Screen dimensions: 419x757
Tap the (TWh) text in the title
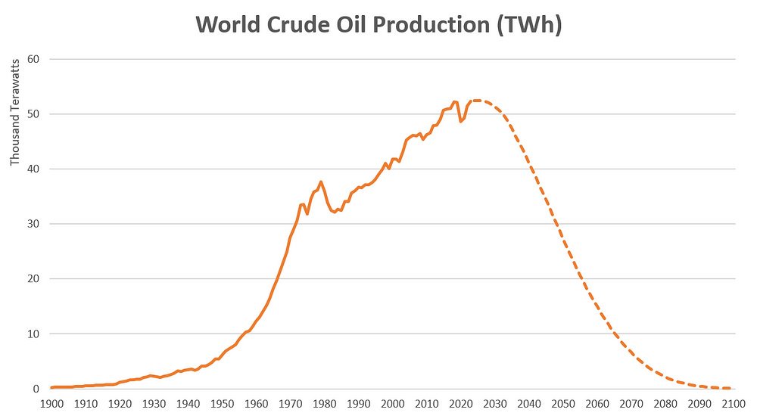coord(527,24)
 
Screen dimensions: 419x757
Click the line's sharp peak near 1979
coord(321,182)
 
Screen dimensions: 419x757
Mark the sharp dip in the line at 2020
coord(461,122)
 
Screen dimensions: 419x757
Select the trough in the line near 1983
coord(334,212)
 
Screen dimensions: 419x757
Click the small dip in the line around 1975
coord(307,214)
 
